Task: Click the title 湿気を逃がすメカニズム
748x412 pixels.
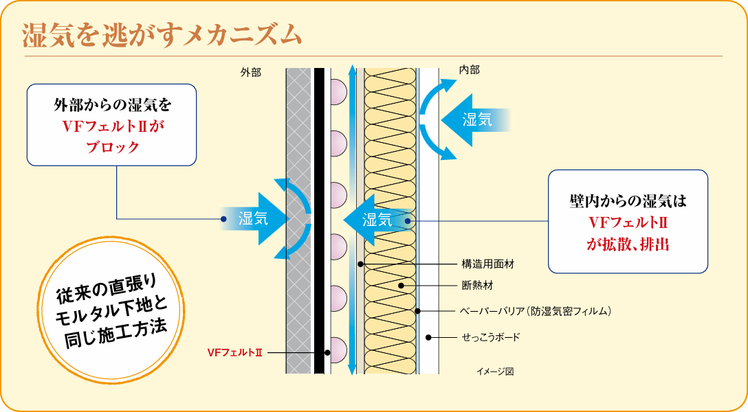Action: pyautogui.click(x=162, y=34)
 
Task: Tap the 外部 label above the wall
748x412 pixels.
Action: pyautogui.click(x=251, y=71)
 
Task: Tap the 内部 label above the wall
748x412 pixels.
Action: pyautogui.click(x=469, y=69)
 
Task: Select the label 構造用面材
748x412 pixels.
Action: pyautogui.click(x=487, y=263)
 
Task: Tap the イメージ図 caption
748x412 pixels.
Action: pyautogui.click(x=495, y=371)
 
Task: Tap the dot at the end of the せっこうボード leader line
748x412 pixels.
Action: pyautogui.click(x=428, y=337)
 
